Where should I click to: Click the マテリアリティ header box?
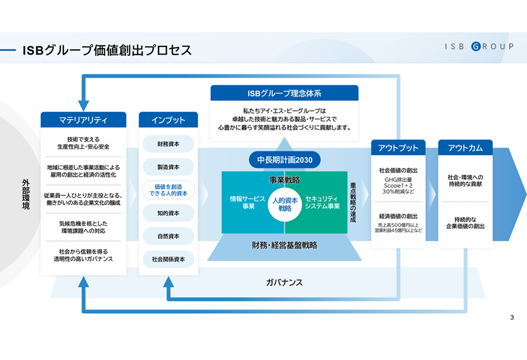(83, 120)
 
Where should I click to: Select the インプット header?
(168, 120)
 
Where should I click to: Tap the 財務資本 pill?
(168, 144)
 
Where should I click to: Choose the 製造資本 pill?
(168, 167)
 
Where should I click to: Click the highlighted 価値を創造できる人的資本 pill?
(168, 190)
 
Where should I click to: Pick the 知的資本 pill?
(168, 213)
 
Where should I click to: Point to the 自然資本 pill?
(168, 236)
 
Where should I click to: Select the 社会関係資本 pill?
(168, 259)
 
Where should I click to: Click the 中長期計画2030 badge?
(285, 160)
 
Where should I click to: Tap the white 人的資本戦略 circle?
(285, 205)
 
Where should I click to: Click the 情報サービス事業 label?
(248, 202)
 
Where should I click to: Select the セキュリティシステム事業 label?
(322, 202)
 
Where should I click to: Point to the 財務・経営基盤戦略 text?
(285, 245)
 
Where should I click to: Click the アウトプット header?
(398, 147)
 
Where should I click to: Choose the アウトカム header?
(465, 147)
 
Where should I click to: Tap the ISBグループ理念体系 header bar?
(285, 93)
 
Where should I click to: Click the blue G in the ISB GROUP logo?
(476, 46)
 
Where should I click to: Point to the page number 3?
(512, 317)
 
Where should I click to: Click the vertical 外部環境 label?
(26, 195)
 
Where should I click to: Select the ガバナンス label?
(285, 283)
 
